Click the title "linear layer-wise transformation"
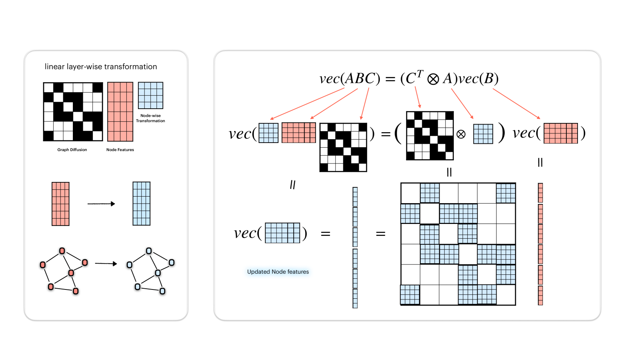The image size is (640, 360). pyautogui.click(x=101, y=67)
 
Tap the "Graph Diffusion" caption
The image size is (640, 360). pyautogui.click(x=72, y=150)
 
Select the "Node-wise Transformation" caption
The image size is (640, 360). pyautogui.click(x=150, y=118)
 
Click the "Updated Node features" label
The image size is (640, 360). pyautogui.click(x=278, y=272)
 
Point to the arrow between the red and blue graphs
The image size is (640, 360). pyautogui.click(x=106, y=264)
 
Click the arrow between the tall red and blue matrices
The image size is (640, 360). pyautogui.click(x=101, y=204)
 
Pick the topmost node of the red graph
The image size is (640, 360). pyautogui.click(x=62, y=251)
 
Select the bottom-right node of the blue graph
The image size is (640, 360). pyautogui.click(x=162, y=291)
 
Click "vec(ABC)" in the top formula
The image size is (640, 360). pyautogui.click(x=349, y=79)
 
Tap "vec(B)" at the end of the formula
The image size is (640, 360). pyautogui.click(x=479, y=79)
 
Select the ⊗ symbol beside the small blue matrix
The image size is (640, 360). pyautogui.click(x=461, y=134)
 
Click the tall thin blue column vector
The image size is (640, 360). pyautogui.click(x=355, y=247)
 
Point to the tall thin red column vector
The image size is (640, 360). pyautogui.click(x=540, y=244)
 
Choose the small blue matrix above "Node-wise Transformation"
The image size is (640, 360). pyautogui.click(x=151, y=95)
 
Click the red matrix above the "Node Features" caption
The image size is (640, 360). pyautogui.click(x=120, y=112)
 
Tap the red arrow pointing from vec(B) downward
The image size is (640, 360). pyautogui.click(x=516, y=104)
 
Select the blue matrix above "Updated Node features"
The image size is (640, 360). pyautogui.click(x=282, y=233)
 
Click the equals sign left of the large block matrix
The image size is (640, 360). pyautogui.click(x=380, y=234)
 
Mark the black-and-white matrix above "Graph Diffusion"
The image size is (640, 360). pyautogui.click(x=73, y=111)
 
